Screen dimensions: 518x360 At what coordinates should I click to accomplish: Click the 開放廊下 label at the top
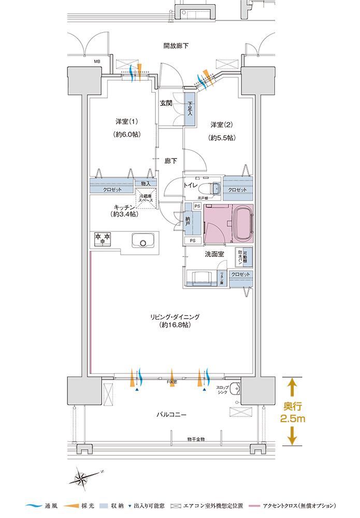(x=176, y=46)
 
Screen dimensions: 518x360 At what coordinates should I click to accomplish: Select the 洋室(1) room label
(x=126, y=122)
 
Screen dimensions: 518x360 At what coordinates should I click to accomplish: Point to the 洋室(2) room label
(x=222, y=125)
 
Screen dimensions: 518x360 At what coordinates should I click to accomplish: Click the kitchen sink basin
(x=143, y=241)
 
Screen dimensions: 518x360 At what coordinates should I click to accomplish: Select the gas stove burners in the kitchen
(x=102, y=238)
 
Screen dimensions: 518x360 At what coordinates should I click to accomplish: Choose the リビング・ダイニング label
(x=175, y=316)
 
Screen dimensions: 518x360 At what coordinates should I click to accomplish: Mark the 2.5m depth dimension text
(x=292, y=418)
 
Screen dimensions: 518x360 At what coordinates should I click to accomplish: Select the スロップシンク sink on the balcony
(x=234, y=389)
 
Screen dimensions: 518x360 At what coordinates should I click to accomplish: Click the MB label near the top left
(x=97, y=62)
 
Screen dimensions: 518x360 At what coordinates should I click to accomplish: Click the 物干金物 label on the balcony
(x=196, y=439)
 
